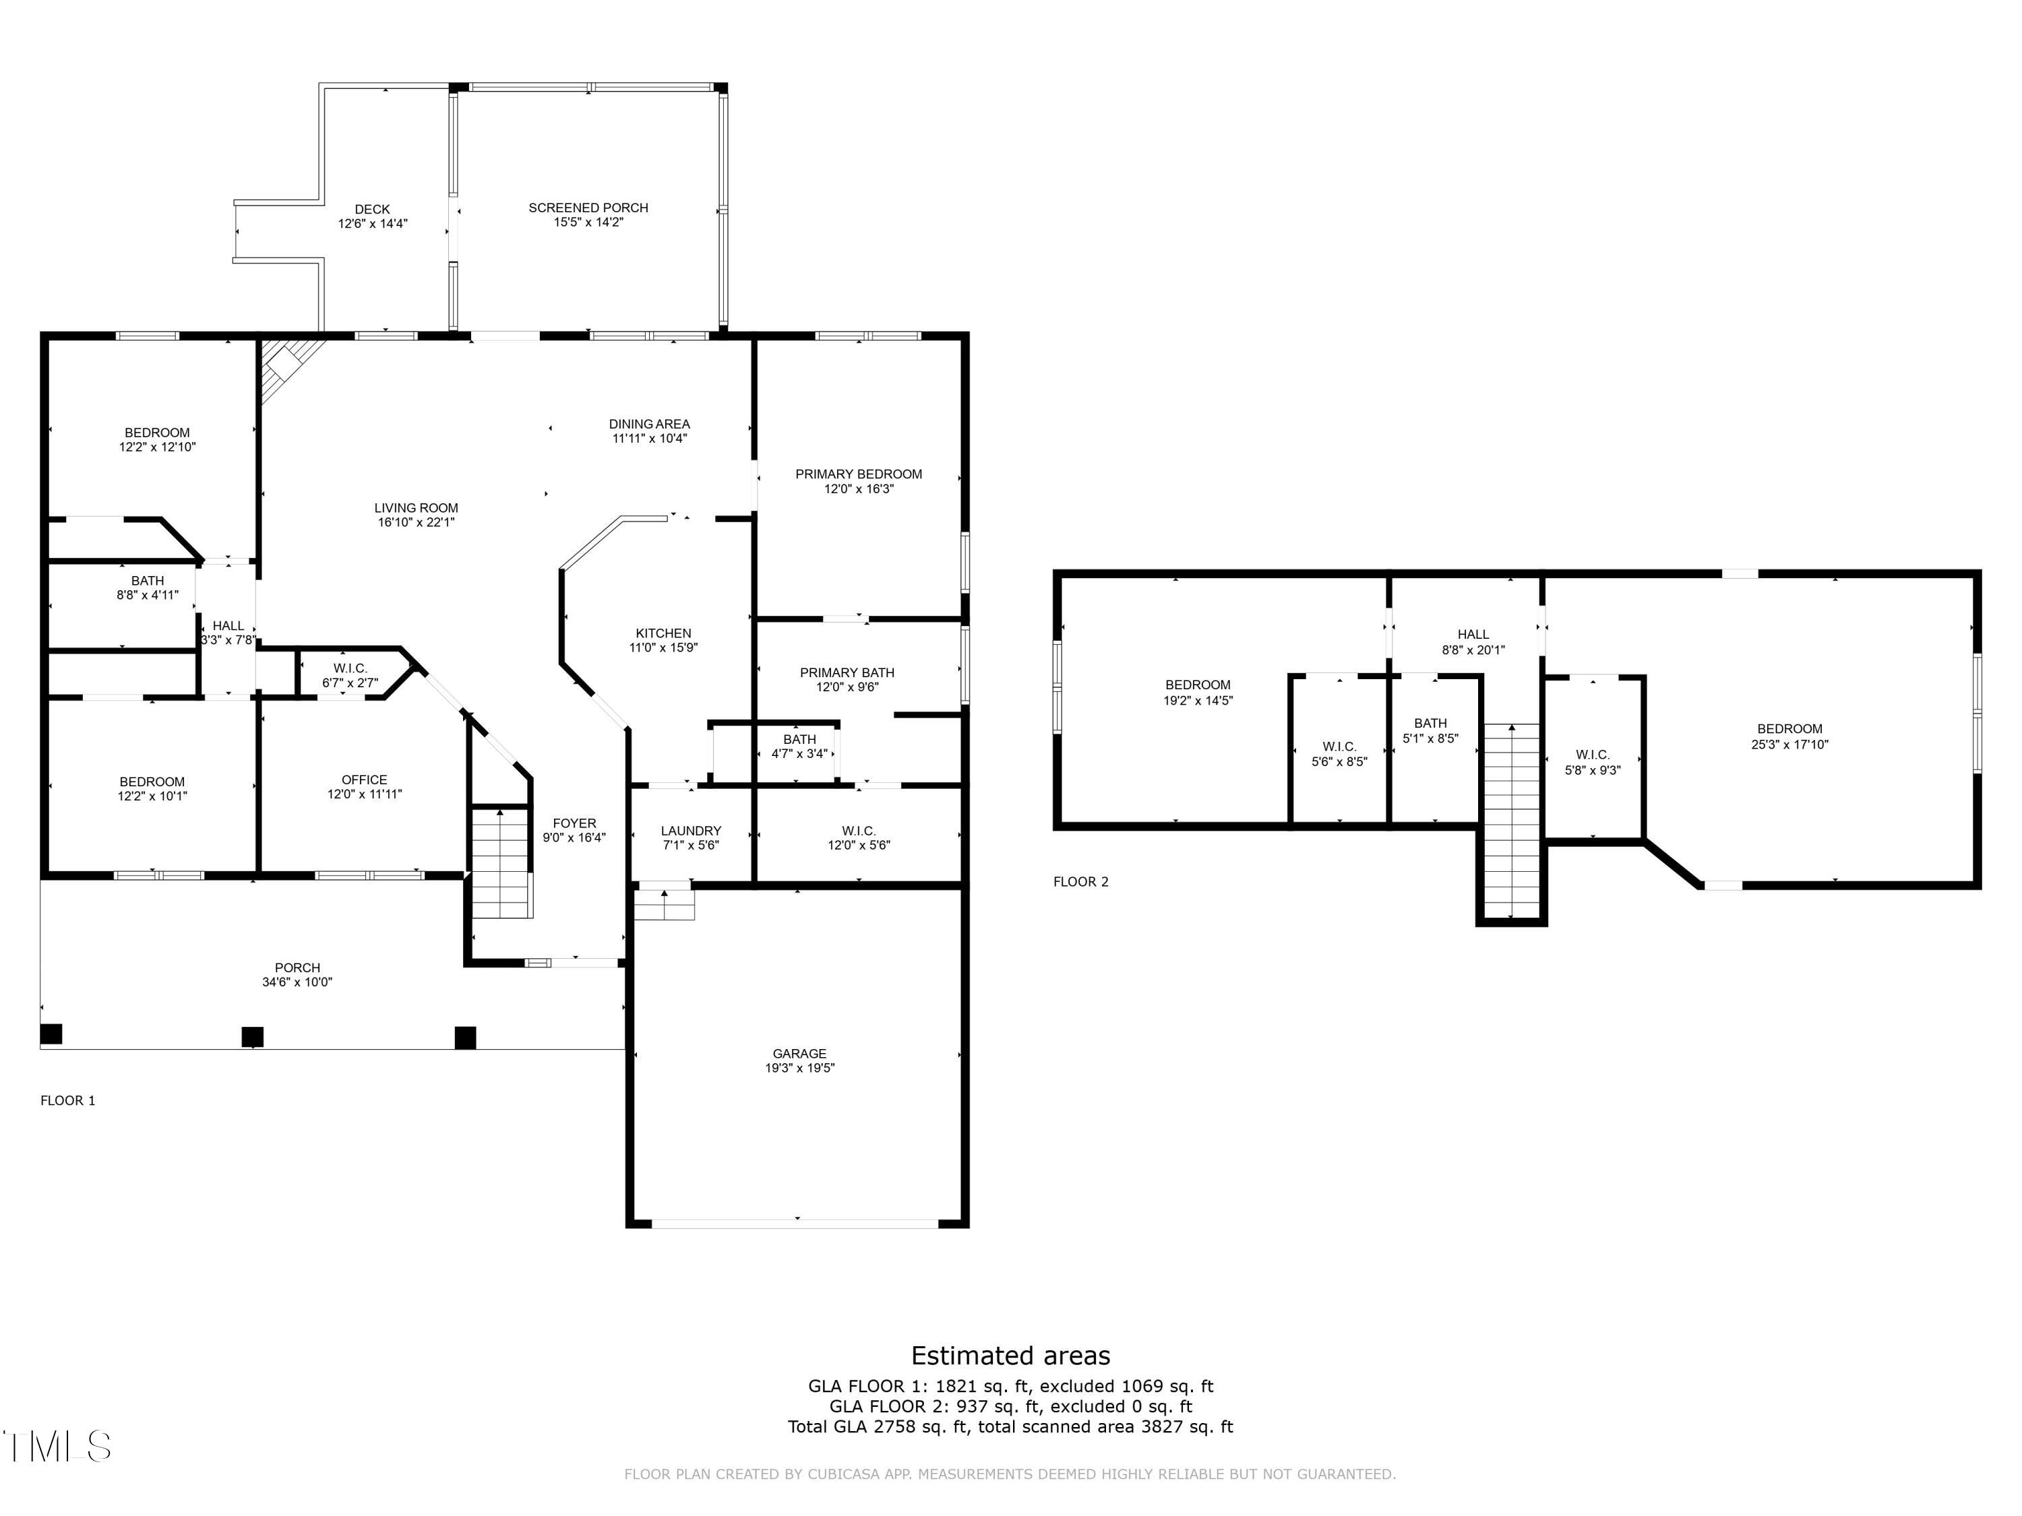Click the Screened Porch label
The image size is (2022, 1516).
588,208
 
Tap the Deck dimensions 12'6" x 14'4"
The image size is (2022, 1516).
372,223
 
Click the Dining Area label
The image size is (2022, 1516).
649,424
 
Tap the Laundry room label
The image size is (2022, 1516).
690,831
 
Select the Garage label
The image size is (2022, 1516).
799,1054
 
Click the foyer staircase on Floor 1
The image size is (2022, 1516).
501,864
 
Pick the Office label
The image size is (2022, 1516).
364,780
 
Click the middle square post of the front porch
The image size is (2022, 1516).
252,1036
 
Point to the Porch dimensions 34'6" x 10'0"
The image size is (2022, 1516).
297,982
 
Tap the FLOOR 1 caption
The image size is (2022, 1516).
67,1100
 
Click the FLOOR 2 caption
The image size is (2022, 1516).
1080,882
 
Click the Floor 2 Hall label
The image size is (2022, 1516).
1473,634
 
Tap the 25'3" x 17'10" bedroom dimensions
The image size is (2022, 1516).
1789,744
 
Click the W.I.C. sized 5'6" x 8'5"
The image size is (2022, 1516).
1339,754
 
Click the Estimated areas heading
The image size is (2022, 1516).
1010,1355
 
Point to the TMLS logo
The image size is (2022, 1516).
57,1447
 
